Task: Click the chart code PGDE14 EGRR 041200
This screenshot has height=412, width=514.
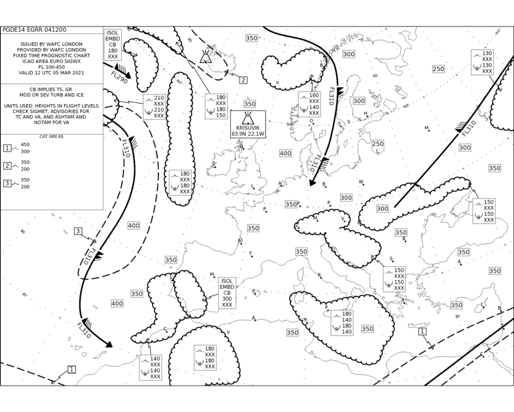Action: (34, 30)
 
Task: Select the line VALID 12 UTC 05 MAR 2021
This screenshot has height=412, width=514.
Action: (52, 73)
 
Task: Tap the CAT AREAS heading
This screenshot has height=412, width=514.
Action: (52, 136)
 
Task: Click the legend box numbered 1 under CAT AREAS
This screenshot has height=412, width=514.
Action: (7, 148)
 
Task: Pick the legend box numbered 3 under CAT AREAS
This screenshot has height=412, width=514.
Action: (7, 184)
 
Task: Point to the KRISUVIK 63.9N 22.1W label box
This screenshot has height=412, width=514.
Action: (248, 124)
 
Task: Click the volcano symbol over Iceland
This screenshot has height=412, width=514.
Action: (206, 56)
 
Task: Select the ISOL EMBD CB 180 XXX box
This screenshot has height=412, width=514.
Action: (113, 45)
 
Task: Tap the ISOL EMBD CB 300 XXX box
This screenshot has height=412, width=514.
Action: (227, 293)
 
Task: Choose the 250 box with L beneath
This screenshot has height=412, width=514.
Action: (378, 147)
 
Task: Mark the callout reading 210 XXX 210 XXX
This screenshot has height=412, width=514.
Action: (154, 107)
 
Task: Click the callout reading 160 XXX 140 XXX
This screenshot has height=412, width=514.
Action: (309, 104)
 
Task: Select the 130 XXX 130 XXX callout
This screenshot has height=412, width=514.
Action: (482, 62)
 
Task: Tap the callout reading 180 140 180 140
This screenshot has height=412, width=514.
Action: (342, 323)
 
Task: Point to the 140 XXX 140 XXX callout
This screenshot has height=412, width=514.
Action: (151, 368)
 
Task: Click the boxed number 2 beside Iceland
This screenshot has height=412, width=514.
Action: (243, 80)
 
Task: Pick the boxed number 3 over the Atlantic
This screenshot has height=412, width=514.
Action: (78, 232)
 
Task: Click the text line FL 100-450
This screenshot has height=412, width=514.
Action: (52, 67)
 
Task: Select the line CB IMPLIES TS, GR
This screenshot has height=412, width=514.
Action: (51, 89)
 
